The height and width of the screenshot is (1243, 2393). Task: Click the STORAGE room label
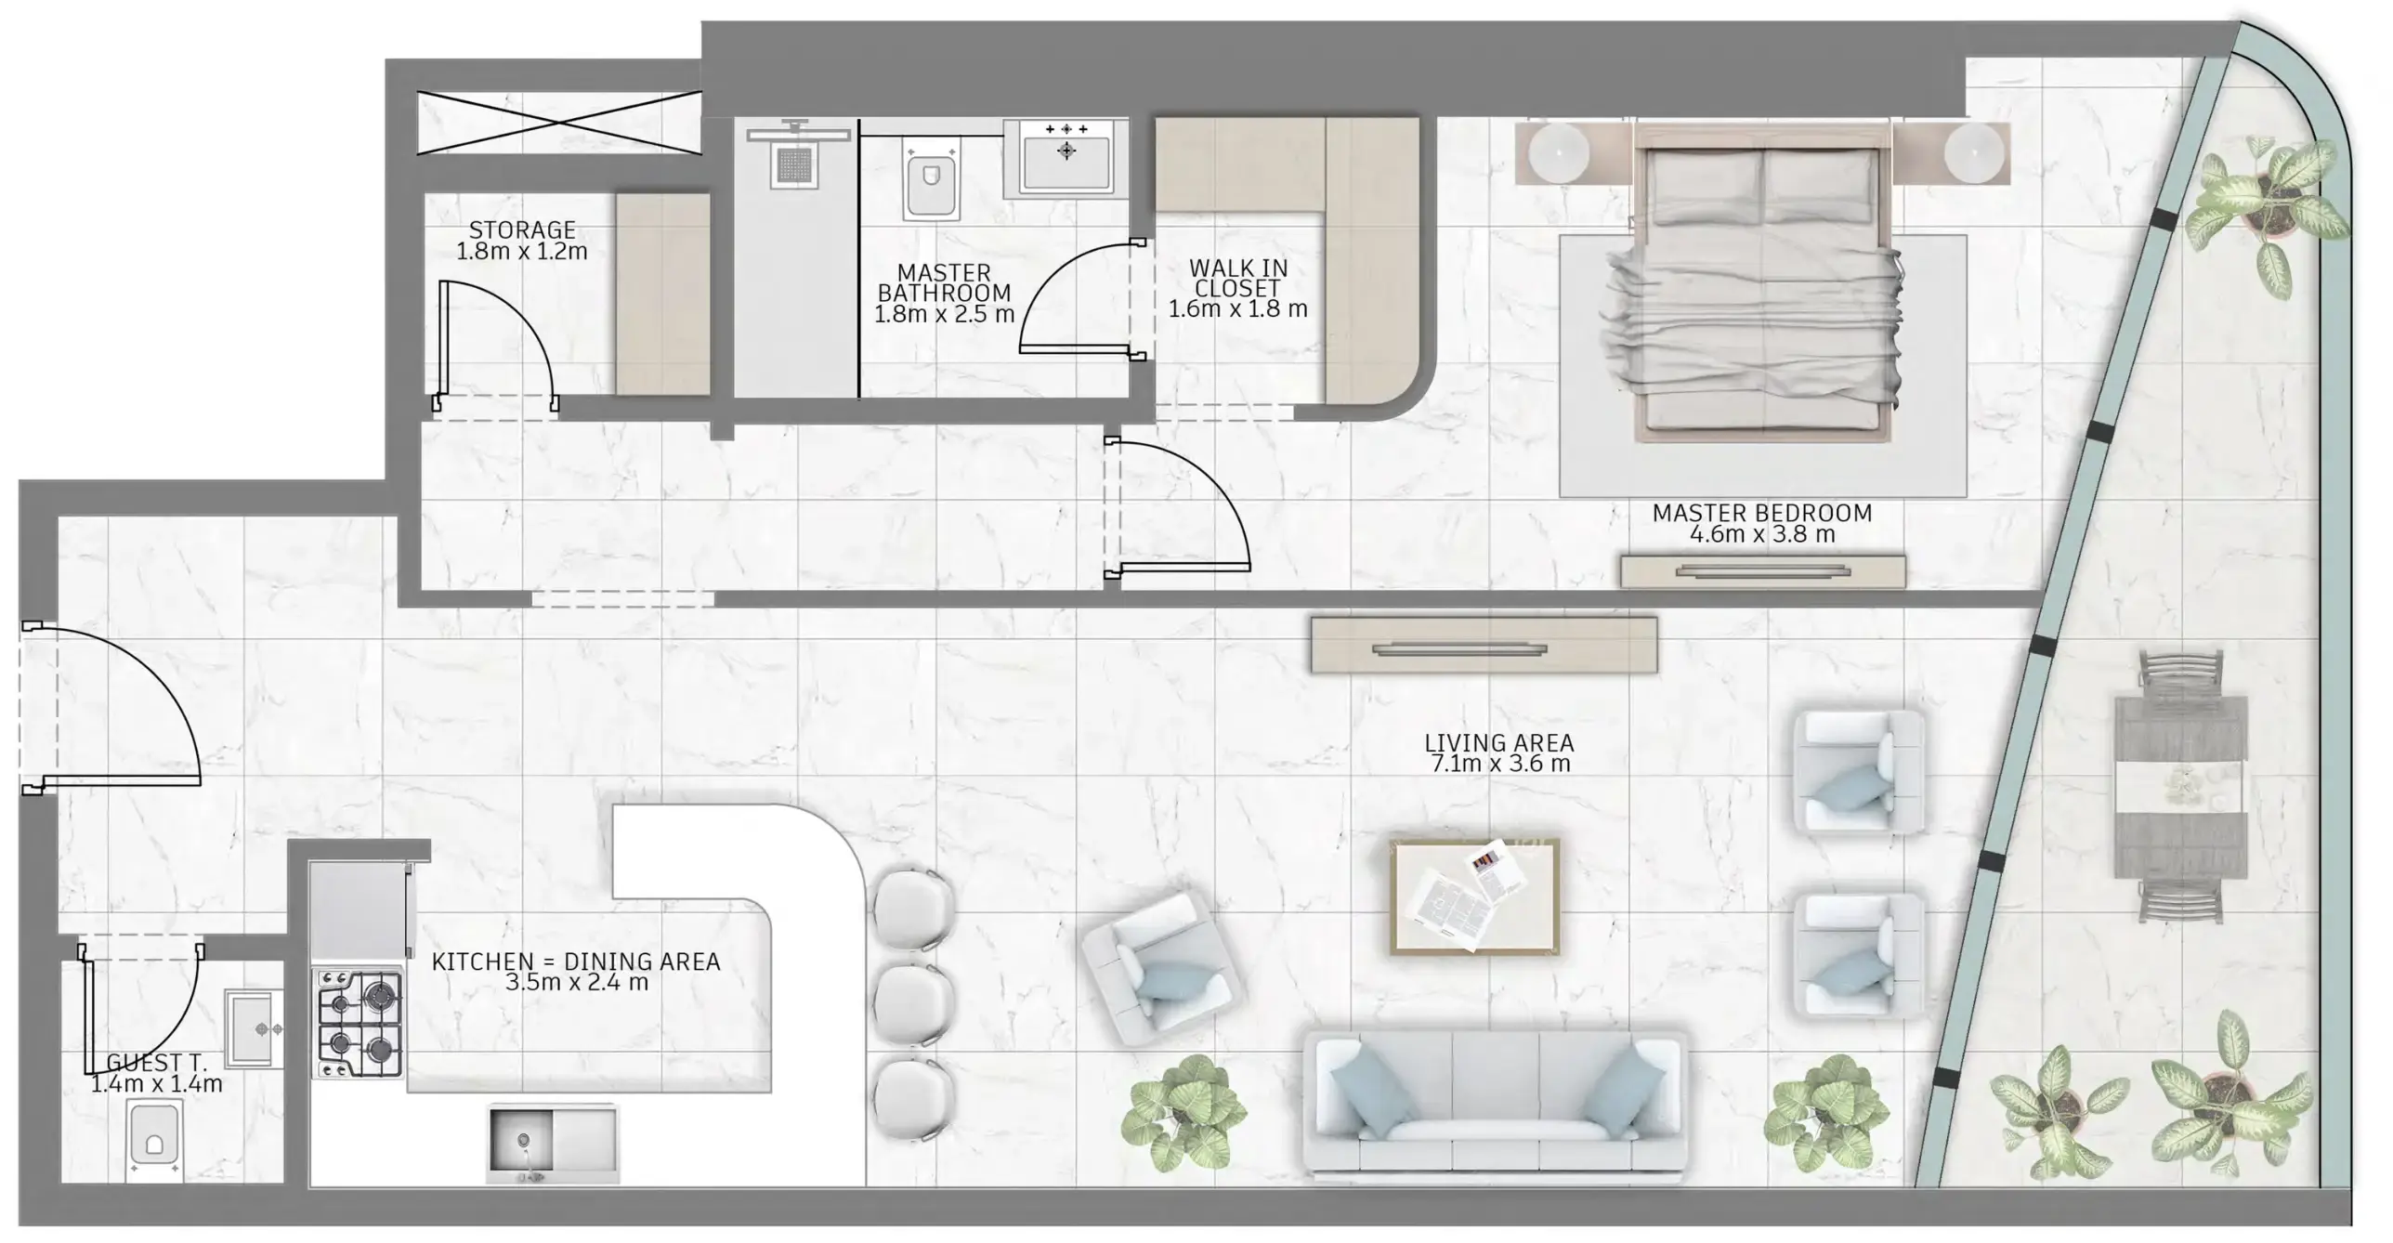pos(522,229)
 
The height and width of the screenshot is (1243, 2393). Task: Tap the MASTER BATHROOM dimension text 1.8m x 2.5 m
pos(944,314)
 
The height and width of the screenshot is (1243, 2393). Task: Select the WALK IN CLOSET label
pos(1237,278)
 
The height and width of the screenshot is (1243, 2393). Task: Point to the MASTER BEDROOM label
pos(1761,513)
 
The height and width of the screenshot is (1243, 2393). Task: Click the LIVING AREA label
pos(1498,743)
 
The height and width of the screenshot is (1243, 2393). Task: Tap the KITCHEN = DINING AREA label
pos(576,962)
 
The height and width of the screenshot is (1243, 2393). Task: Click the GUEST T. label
pos(156,1062)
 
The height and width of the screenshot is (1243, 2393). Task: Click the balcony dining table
pos(2180,786)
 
